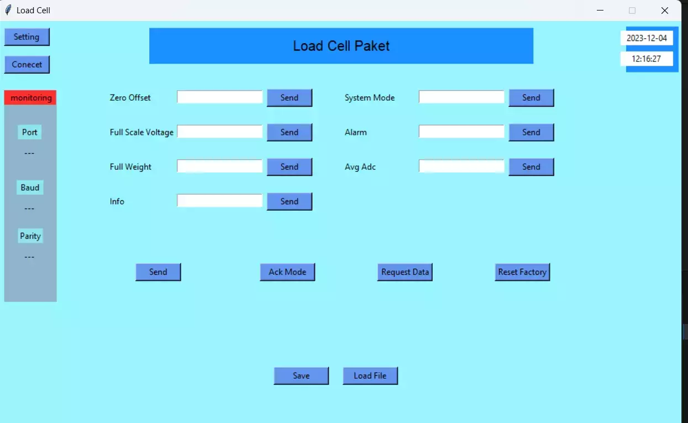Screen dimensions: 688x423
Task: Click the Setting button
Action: click(27, 37)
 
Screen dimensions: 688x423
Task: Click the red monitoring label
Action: click(30, 97)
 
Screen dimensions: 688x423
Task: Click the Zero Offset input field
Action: click(219, 97)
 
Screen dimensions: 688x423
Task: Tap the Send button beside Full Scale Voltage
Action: click(290, 132)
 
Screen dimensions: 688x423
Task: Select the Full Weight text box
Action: click(219, 166)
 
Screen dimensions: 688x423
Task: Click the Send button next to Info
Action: click(290, 201)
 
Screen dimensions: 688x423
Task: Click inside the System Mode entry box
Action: click(461, 97)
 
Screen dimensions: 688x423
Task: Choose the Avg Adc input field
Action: click(461, 166)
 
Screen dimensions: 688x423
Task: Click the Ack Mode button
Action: click(287, 272)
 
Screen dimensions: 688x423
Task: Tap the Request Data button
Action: click(405, 272)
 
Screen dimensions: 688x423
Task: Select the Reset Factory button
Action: click(522, 272)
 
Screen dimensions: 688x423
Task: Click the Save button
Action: click(301, 375)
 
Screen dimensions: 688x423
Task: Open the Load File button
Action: click(370, 375)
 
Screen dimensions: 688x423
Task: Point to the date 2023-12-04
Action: click(647, 38)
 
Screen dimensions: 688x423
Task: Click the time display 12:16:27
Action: click(647, 59)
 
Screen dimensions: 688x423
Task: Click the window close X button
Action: click(665, 11)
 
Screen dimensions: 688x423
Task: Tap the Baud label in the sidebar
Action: click(30, 187)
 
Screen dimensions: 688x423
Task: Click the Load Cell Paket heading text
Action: click(341, 46)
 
